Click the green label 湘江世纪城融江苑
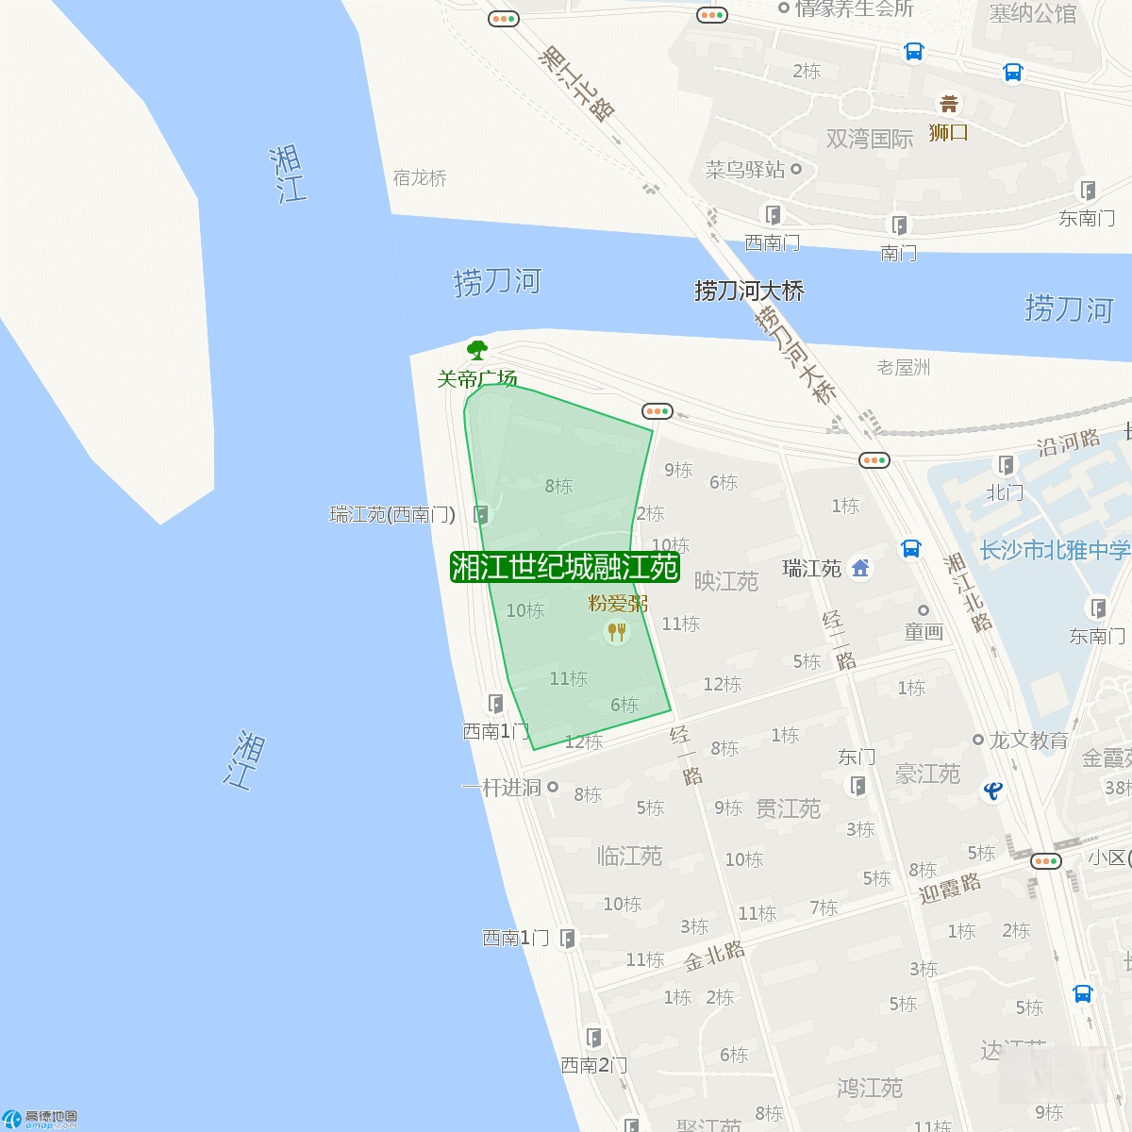click(565, 567)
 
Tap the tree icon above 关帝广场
click(477, 350)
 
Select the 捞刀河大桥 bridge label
click(749, 291)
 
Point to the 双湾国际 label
click(869, 139)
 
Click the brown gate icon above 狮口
click(948, 104)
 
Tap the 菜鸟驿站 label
click(745, 170)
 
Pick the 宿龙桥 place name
click(420, 178)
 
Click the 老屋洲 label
click(903, 367)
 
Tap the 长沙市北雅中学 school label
click(1055, 550)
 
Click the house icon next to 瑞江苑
click(860, 568)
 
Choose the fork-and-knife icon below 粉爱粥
click(616, 631)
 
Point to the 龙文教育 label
click(1028, 741)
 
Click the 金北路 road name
click(714, 956)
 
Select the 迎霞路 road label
click(950, 889)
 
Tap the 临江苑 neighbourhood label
click(629, 856)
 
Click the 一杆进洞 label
click(501, 788)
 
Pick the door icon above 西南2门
click(593, 1038)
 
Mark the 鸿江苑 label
click(869, 1088)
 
